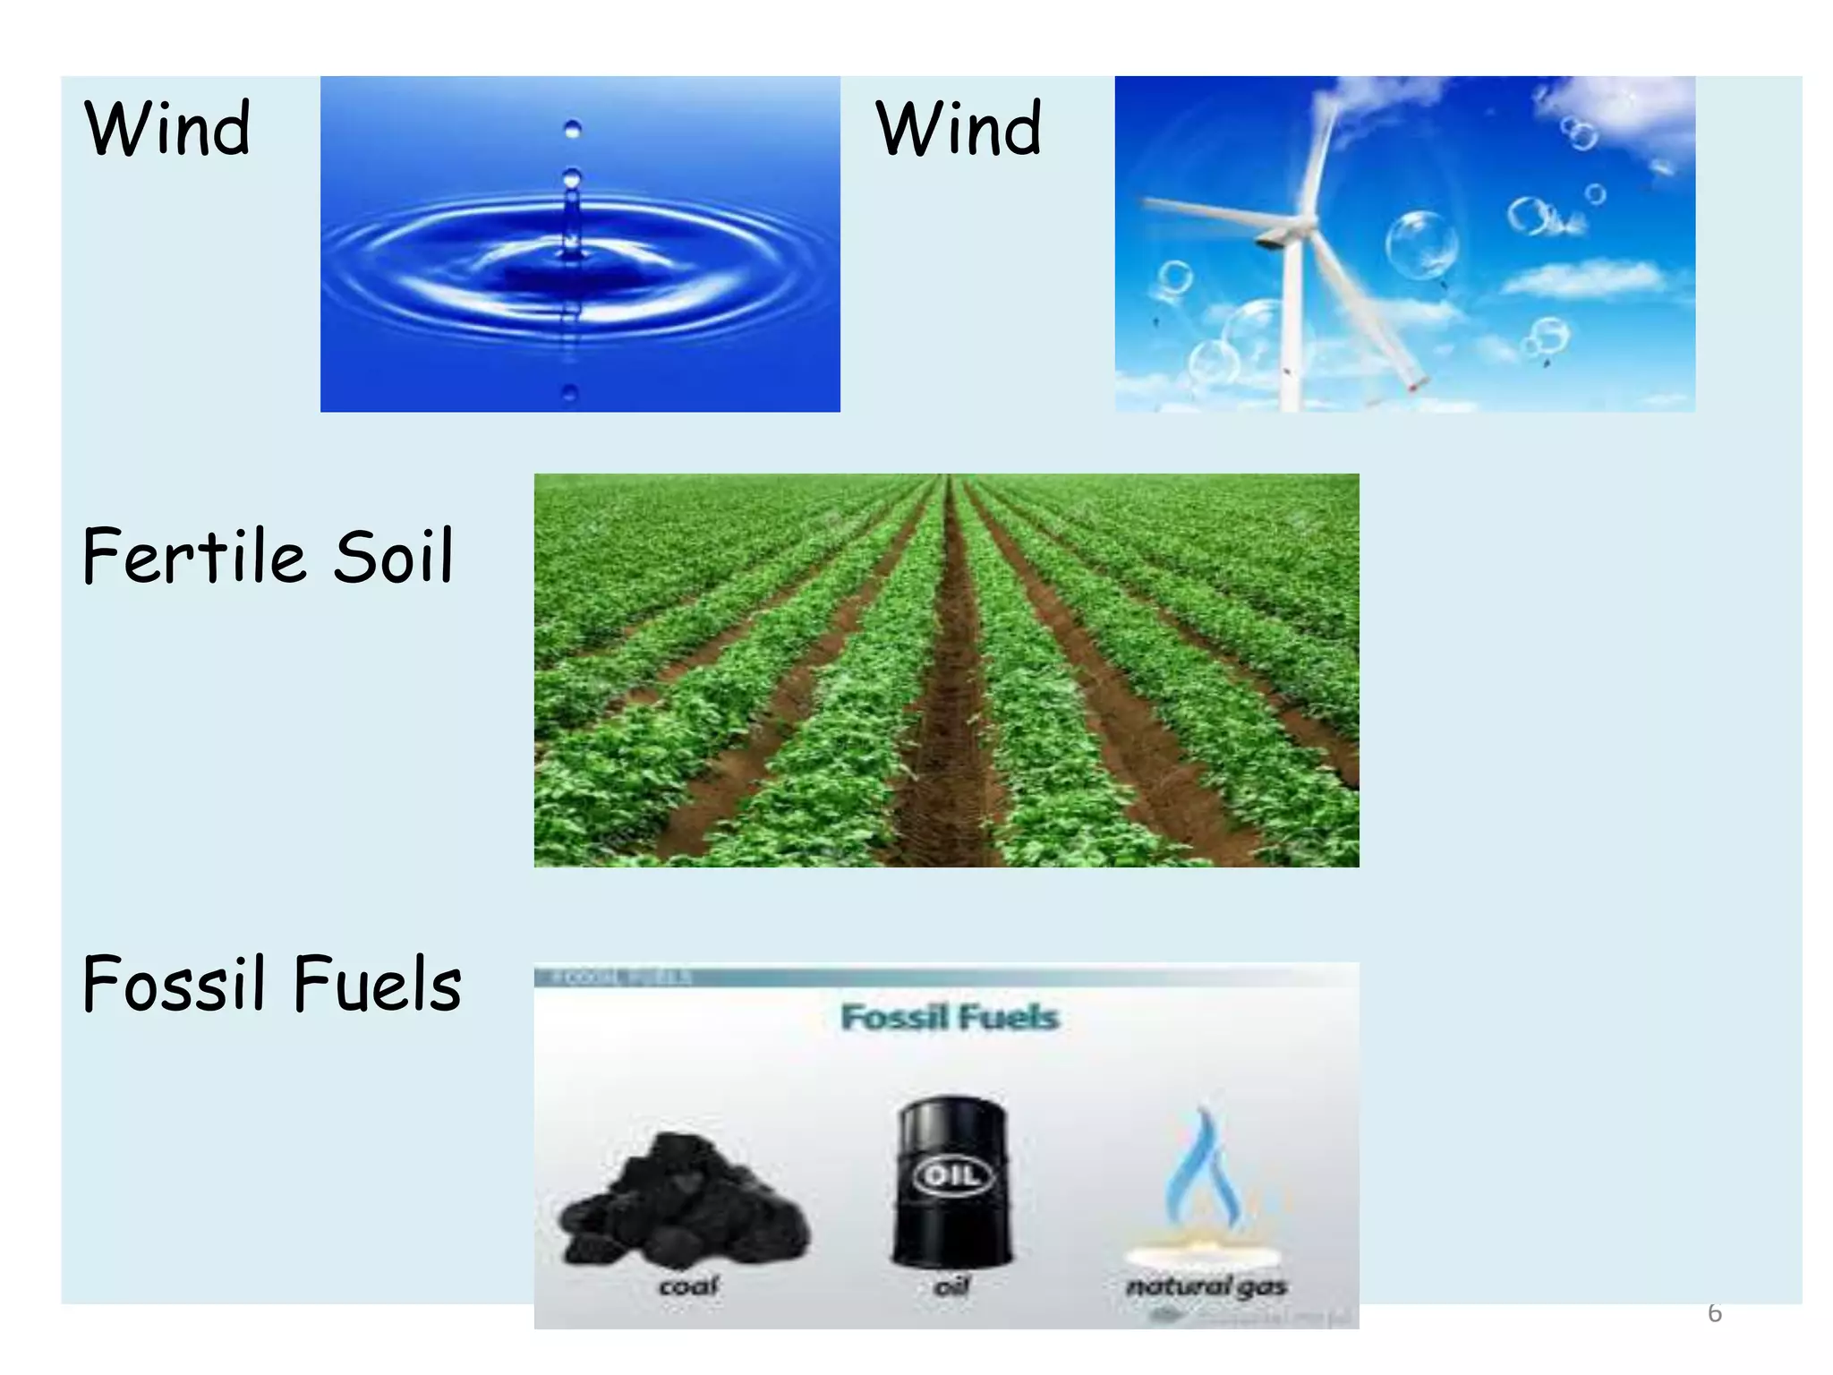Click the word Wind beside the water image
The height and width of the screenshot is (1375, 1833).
coord(167,129)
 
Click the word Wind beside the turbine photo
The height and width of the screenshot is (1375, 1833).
coord(959,129)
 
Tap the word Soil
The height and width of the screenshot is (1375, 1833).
coord(394,556)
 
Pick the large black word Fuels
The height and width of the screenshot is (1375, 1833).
coord(377,984)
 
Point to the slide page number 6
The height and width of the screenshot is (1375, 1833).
coord(1714,1313)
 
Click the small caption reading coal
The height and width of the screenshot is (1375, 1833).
coord(688,1286)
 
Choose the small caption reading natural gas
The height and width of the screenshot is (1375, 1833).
coord(1206,1286)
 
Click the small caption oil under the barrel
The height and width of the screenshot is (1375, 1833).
coord(951,1286)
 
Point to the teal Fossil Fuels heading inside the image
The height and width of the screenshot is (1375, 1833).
coord(950,1018)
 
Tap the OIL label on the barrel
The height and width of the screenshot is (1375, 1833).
coord(952,1174)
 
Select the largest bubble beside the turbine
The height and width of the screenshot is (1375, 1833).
coord(1421,244)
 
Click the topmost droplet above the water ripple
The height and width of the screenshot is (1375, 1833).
coord(573,130)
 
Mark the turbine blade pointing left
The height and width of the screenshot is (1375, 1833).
coord(1208,215)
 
